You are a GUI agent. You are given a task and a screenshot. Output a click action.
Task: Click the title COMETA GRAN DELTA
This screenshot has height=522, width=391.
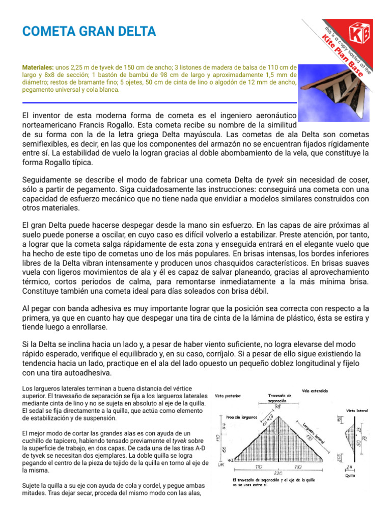pos(89,32)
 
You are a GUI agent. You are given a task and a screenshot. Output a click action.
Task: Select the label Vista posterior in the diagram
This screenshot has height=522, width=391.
pos(228,395)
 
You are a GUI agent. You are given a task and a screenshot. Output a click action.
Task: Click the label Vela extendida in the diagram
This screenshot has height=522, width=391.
pos(315,391)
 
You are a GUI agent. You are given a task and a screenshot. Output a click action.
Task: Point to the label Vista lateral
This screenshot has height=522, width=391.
pos(357,409)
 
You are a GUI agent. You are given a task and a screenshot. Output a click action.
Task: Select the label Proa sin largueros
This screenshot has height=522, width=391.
pos(243,416)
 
